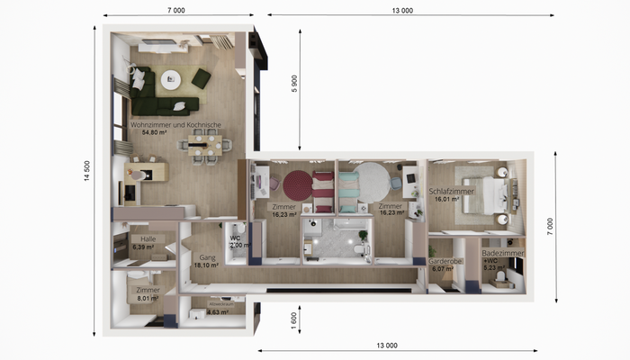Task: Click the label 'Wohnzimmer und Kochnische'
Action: coord(175,125)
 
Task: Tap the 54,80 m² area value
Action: coord(156,133)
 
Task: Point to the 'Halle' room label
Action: coord(136,238)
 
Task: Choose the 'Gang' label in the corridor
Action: coord(206,257)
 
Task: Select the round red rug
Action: coord(298,185)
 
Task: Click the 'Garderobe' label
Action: coord(445,259)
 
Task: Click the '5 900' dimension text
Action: coord(293,84)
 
